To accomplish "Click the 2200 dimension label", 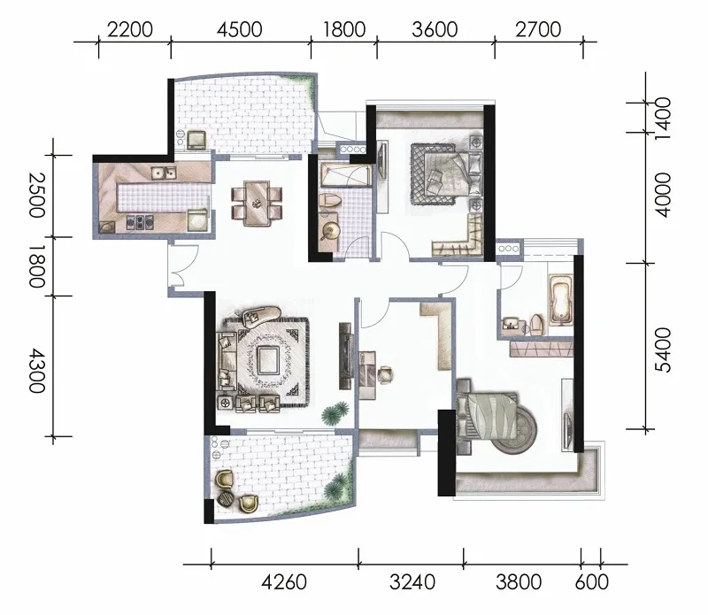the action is click(130, 30).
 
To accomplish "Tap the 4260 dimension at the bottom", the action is click(284, 582).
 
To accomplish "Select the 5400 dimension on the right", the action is click(663, 350).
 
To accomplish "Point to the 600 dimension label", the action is click(591, 582).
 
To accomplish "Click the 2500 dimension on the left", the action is click(36, 195).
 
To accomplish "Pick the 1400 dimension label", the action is click(663, 119).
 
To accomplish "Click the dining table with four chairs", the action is click(257, 204).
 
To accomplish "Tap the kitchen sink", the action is click(164, 173).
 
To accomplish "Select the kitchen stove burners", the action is click(140, 221).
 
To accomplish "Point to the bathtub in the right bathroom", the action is click(560, 299).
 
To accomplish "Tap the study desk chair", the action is click(385, 374).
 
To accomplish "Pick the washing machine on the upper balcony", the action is click(196, 140).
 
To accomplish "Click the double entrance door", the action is click(183, 265).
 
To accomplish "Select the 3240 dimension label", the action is click(412, 582).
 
